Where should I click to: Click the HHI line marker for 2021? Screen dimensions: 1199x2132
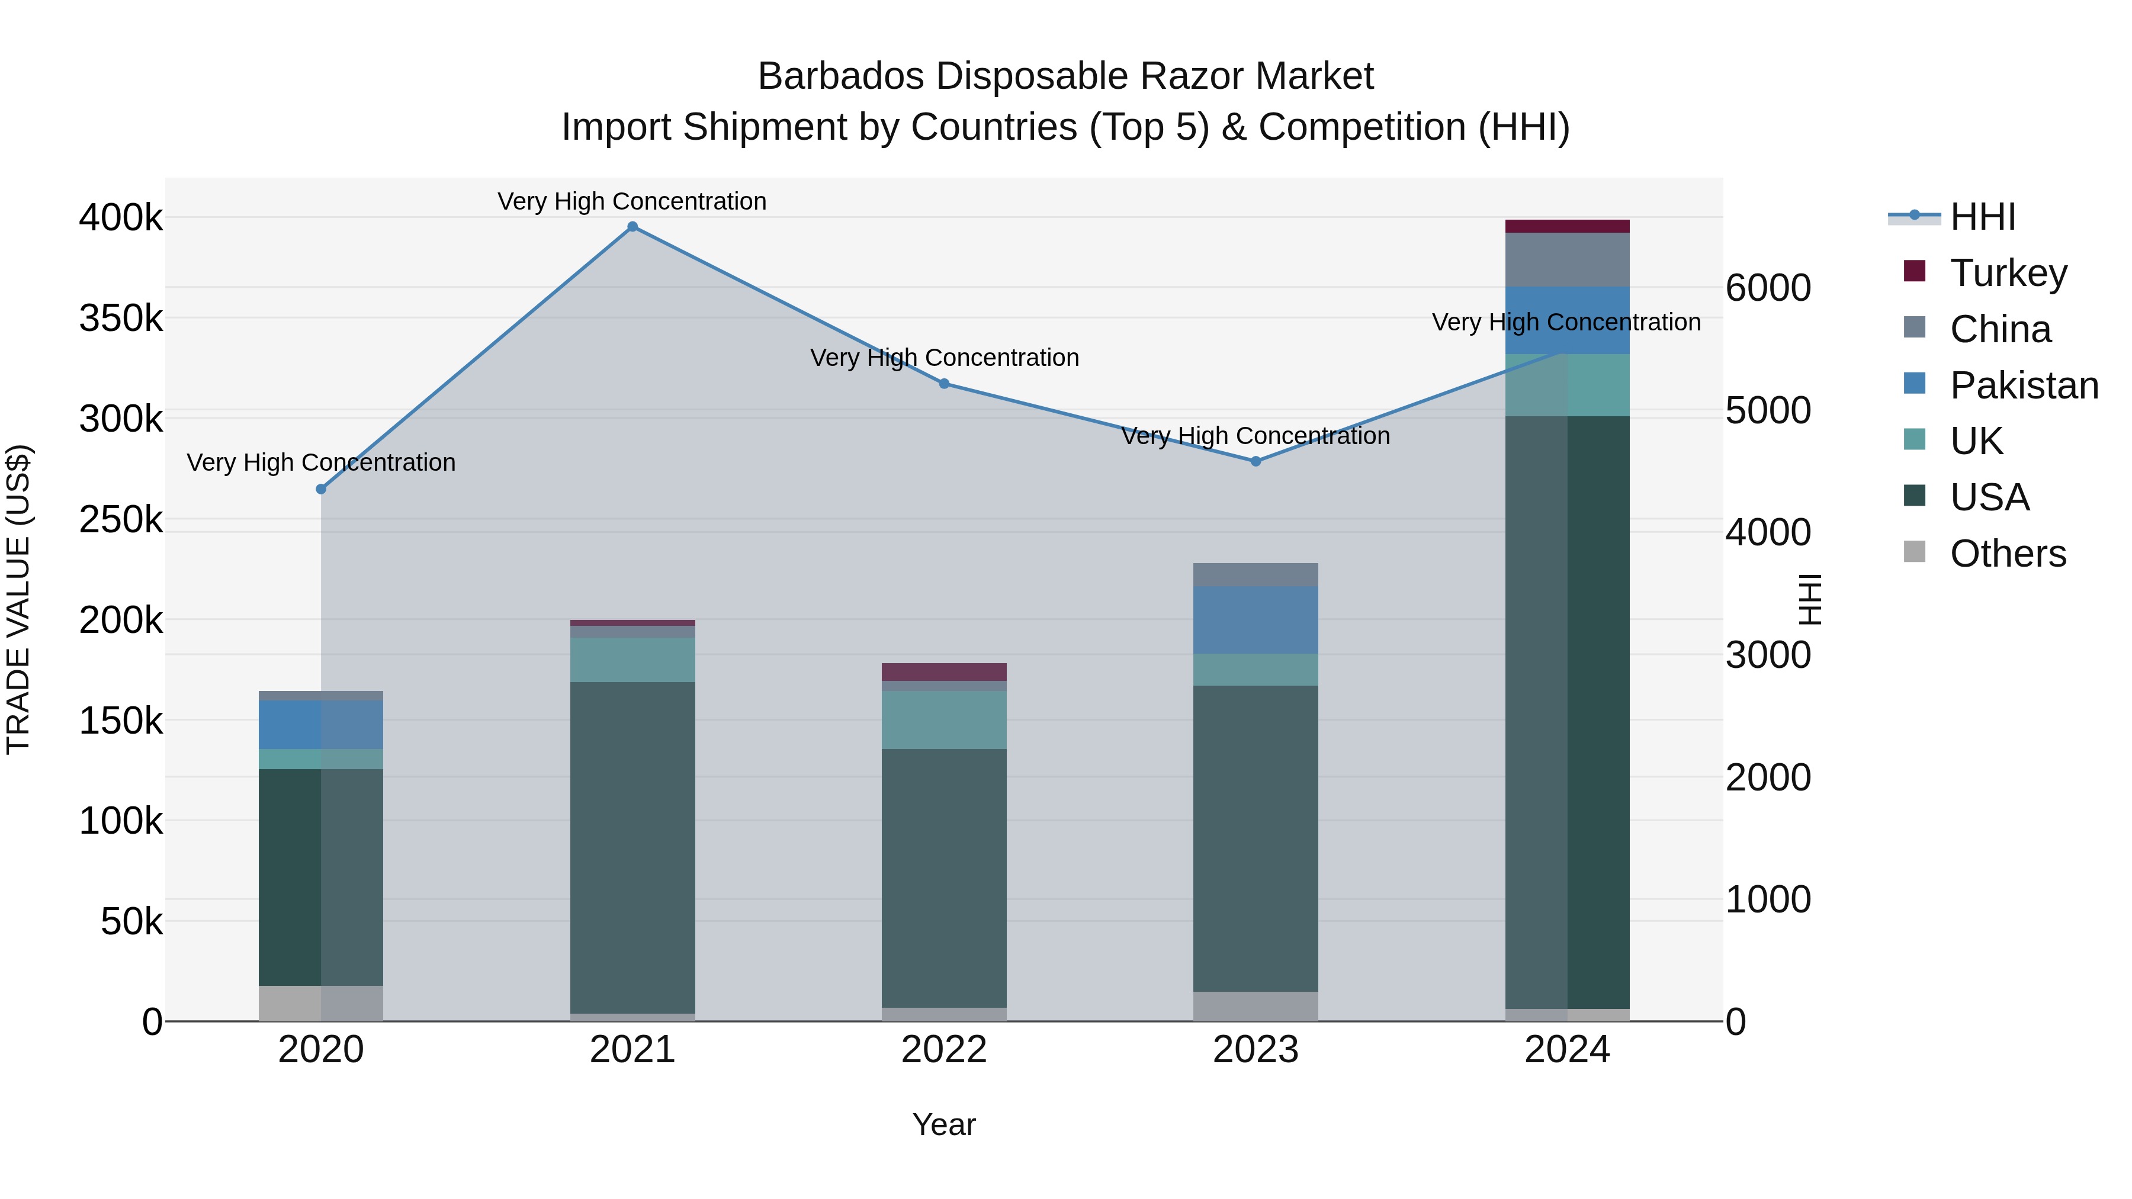(632, 227)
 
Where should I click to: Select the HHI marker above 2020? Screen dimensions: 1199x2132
(321, 489)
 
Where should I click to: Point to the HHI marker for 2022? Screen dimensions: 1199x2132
(945, 384)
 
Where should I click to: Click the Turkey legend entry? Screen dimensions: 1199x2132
(2008, 273)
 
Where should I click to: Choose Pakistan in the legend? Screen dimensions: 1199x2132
(2024, 385)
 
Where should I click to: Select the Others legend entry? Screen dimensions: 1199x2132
(2007, 554)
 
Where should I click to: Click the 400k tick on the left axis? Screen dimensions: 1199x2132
(121, 218)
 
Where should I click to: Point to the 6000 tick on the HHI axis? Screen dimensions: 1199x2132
(1768, 288)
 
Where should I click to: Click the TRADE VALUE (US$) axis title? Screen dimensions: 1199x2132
(19, 599)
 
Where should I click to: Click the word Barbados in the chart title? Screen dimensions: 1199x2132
(840, 77)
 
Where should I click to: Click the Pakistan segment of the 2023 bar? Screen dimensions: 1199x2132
(1256, 620)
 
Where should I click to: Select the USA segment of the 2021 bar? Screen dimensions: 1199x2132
(632, 847)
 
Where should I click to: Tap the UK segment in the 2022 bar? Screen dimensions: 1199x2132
(945, 720)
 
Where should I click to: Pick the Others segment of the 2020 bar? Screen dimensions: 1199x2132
(321, 1003)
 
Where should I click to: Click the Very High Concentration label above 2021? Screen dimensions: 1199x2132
(632, 202)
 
